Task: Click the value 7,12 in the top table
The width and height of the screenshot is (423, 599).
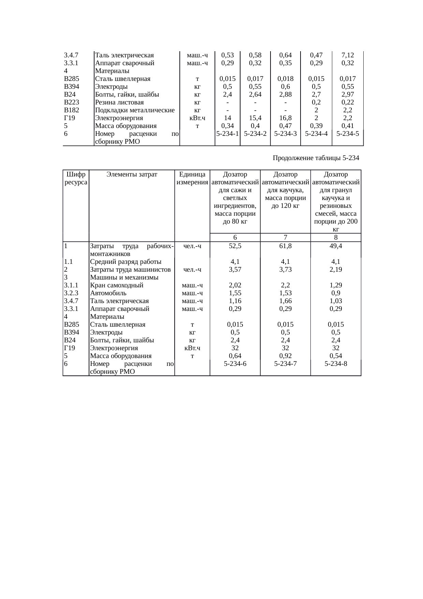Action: coord(348,55)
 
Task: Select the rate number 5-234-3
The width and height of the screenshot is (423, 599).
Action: coord(286,134)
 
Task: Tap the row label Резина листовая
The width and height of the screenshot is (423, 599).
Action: coord(119,102)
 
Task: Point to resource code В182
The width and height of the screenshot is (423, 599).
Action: coord(72,110)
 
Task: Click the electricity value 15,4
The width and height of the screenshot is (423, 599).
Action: coord(255,118)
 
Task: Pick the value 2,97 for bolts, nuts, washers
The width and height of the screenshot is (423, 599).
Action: coord(348,95)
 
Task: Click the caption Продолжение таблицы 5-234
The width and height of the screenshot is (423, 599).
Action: coord(316,158)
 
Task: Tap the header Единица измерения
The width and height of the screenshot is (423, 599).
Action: coord(192,178)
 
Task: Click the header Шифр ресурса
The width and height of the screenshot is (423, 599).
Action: coord(76,178)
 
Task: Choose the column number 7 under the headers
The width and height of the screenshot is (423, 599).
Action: coord(285,238)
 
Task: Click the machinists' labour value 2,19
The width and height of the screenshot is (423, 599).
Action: coord(336,269)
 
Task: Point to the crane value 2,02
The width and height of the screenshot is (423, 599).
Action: coord(235,285)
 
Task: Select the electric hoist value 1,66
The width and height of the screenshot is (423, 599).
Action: coord(285,301)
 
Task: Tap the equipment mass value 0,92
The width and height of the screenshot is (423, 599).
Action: coord(285,356)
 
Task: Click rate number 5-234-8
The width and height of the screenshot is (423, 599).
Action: coord(336,364)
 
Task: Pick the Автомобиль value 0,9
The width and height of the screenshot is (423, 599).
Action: coord(336,293)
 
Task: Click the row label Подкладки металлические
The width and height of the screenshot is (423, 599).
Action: coord(135,110)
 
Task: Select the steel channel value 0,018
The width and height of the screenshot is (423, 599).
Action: coord(286,79)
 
